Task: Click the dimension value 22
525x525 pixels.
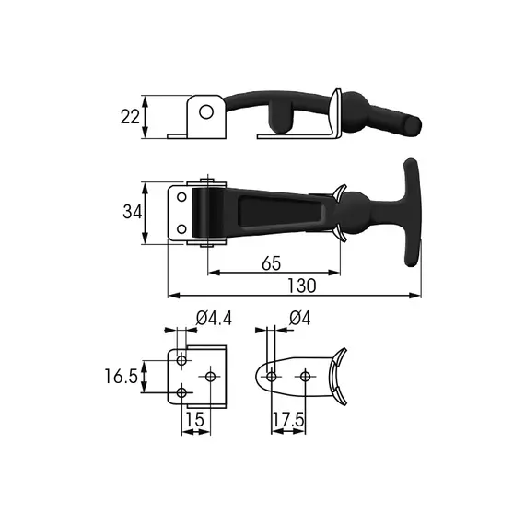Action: (x=130, y=117)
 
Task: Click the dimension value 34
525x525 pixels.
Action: (x=133, y=212)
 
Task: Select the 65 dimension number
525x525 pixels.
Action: (x=271, y=263)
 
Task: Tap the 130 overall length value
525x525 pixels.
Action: (x=302, y=286)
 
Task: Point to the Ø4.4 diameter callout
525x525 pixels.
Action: (x=214, y=318)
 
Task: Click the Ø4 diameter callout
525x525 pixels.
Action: (x=300, y=318)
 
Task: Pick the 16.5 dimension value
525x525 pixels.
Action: (x=121, y=376)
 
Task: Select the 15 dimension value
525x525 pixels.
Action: (x=194, y=419)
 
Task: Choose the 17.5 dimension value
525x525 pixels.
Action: (x=288, y=420)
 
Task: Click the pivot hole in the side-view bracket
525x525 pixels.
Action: (x=206, y=111)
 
